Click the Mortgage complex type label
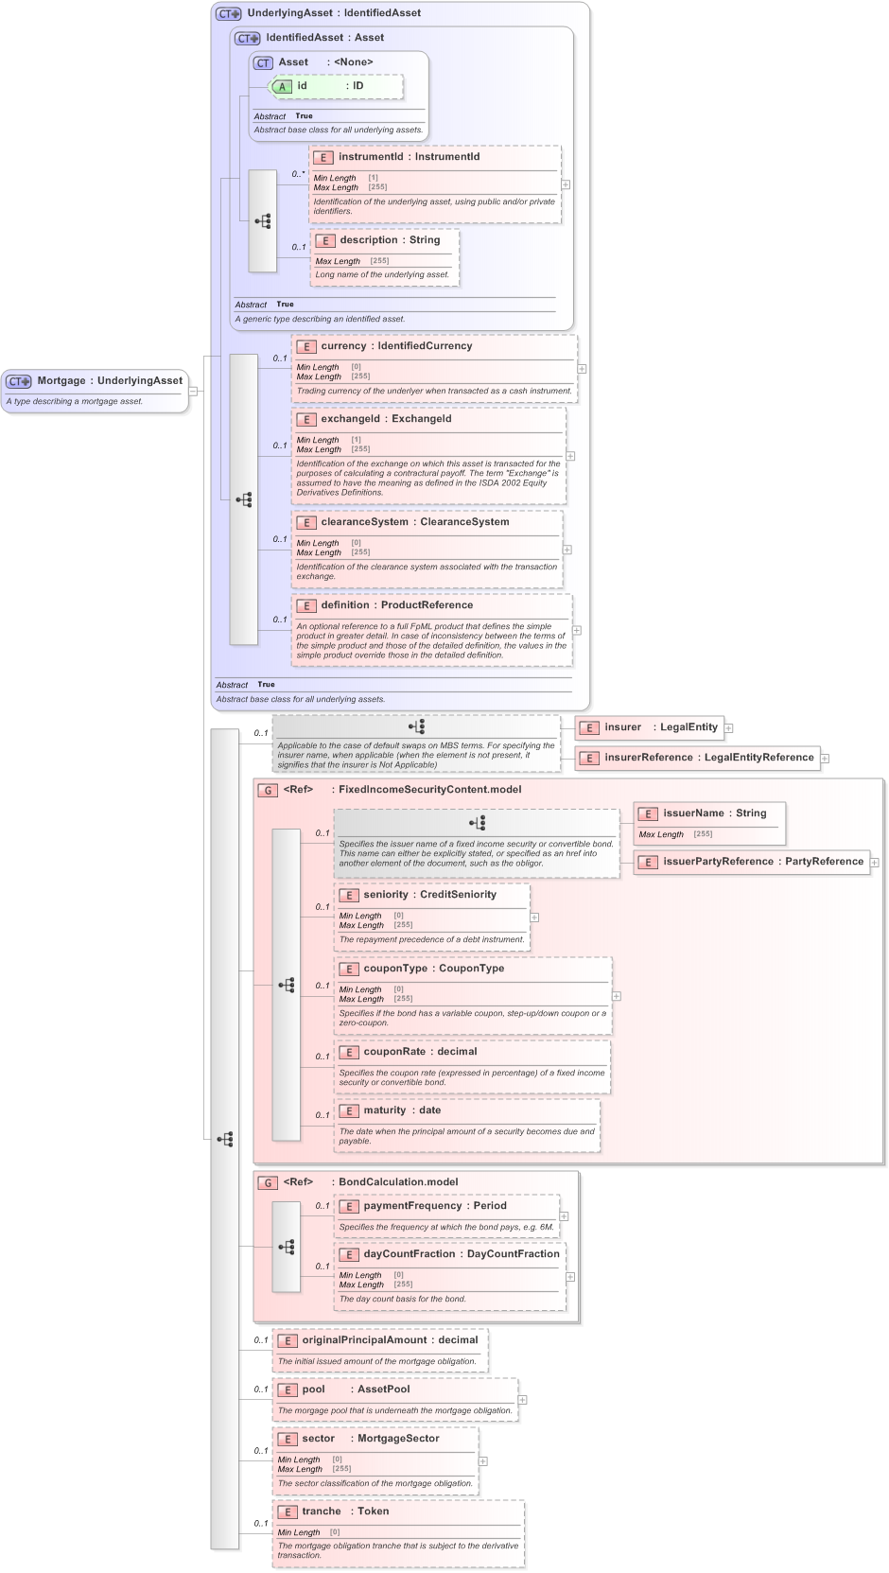pyautogui.click(x=109, y=380)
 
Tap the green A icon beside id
pyautogui.click(x=282, y=86)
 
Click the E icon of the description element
pyautogui.click(x=324, y=240)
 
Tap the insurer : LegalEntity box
pyautogui.click(x=650, y=727)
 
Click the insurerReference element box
pyautogui.click(x=697, y=758)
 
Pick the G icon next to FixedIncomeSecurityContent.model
pyautogui.click(x=268, y=790)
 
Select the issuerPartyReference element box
pyautogui.click(x=751, y=862)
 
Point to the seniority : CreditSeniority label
pyautogui.click(x=429, y=895)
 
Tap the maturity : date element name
pyautogui.click(x=401, y=1110)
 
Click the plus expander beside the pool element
pyautogui.click(x=522, y=1400)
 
